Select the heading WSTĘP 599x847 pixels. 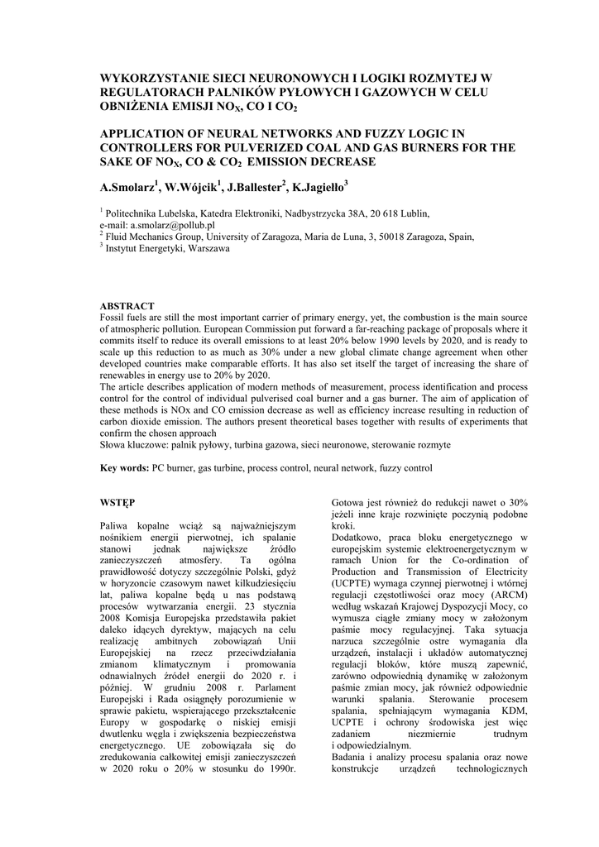117,502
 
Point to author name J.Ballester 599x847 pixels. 254,187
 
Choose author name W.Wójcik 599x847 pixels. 193,187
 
